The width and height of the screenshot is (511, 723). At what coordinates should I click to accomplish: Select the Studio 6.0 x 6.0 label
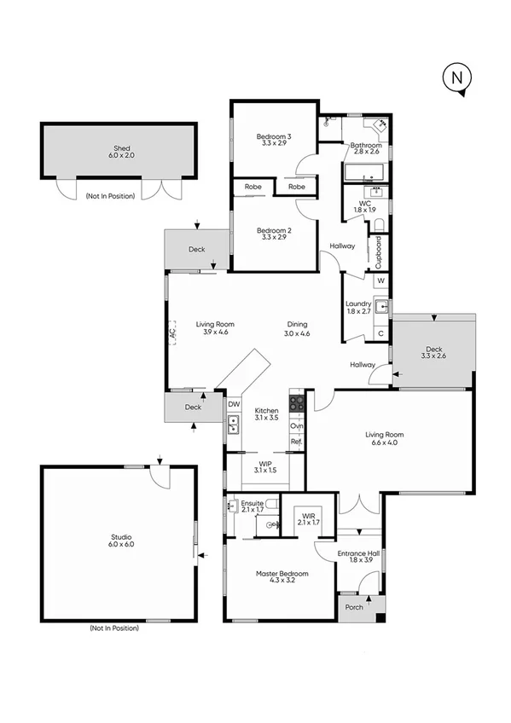(121, 540)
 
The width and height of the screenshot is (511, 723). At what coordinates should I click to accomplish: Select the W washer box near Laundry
(380, 281)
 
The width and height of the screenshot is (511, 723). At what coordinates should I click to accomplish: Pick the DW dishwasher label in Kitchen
(233, 404)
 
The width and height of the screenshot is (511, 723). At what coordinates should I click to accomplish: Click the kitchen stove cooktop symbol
(297, 402)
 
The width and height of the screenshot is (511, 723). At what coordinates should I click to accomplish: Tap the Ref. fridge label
(296, 442)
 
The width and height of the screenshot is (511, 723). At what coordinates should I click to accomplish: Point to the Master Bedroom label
(282, 578)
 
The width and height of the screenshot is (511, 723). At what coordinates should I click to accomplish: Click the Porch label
(353, 607)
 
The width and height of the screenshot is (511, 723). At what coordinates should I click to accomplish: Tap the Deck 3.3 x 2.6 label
(433, 352)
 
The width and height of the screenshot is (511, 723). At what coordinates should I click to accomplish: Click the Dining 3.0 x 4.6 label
(297, 328)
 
